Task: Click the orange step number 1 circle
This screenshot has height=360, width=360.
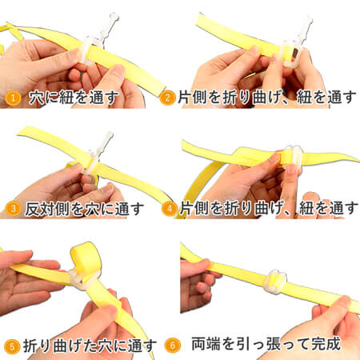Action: pyautogui.click(x=13, y=98)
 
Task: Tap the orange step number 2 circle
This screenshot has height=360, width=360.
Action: pyautogui.click(x=167, y=98)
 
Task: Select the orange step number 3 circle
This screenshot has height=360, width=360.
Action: pyautogui.click(x=13, y=209)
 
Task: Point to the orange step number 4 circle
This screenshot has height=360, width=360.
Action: pyautogui.click(x=170, y=208)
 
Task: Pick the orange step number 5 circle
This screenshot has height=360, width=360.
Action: pyautogui.click(x=12, y=346)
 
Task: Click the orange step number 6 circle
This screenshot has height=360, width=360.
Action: pyautogui.click(x=173, y=346)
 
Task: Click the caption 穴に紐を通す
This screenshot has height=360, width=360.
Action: pyautogui.click(x=74, y=98)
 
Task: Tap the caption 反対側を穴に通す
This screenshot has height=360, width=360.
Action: pyautogui.click(x=85, y=209)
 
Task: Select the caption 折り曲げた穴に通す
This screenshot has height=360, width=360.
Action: pyautogui.click(x=90, y=346)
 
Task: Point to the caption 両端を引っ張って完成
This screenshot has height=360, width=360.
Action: pyautogui.click(x=266, y=344)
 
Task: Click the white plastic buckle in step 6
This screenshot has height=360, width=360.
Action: pyautogui.click(x=274, y=282)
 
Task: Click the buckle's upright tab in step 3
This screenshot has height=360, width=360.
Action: pyautogui.click(x=105, y=142)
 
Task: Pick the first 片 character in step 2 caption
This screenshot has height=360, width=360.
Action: pyautogui.click(x=185, y=97)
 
